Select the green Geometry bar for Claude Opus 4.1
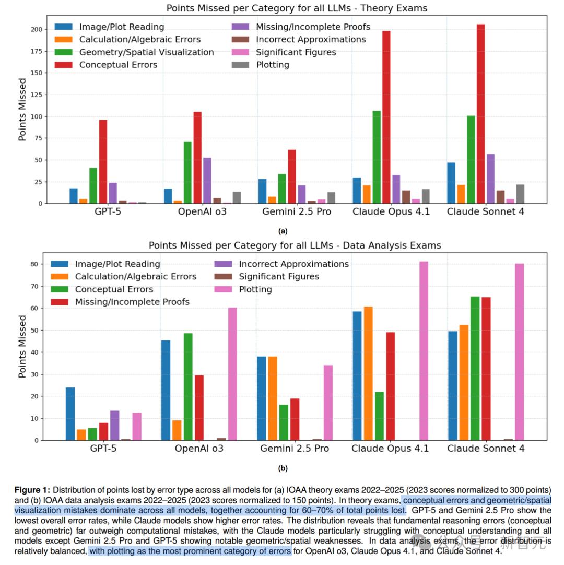pyautogui.click(x=376, y=157)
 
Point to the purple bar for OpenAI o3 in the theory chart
pyautogui.click(x=207, y=180)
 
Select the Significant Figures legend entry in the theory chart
pyautogui.click(x=296, y=52)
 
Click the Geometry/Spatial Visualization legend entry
pyautogui.click(x=146, y=52)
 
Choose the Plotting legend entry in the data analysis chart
pyautogui.click(x=255, y=289)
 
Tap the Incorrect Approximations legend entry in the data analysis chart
pyautogui.click(x=293, y=264)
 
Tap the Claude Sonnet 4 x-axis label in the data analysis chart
pyautogui.click(x=486, y=449)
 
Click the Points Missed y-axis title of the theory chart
pyautogui.click(x=22, y=110)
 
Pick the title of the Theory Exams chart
pyautogui.click(x=296, y=8)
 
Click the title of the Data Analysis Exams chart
pyautogui.click(x=295, y=245)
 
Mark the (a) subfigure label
pyautogui.click(x=283, y=231)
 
